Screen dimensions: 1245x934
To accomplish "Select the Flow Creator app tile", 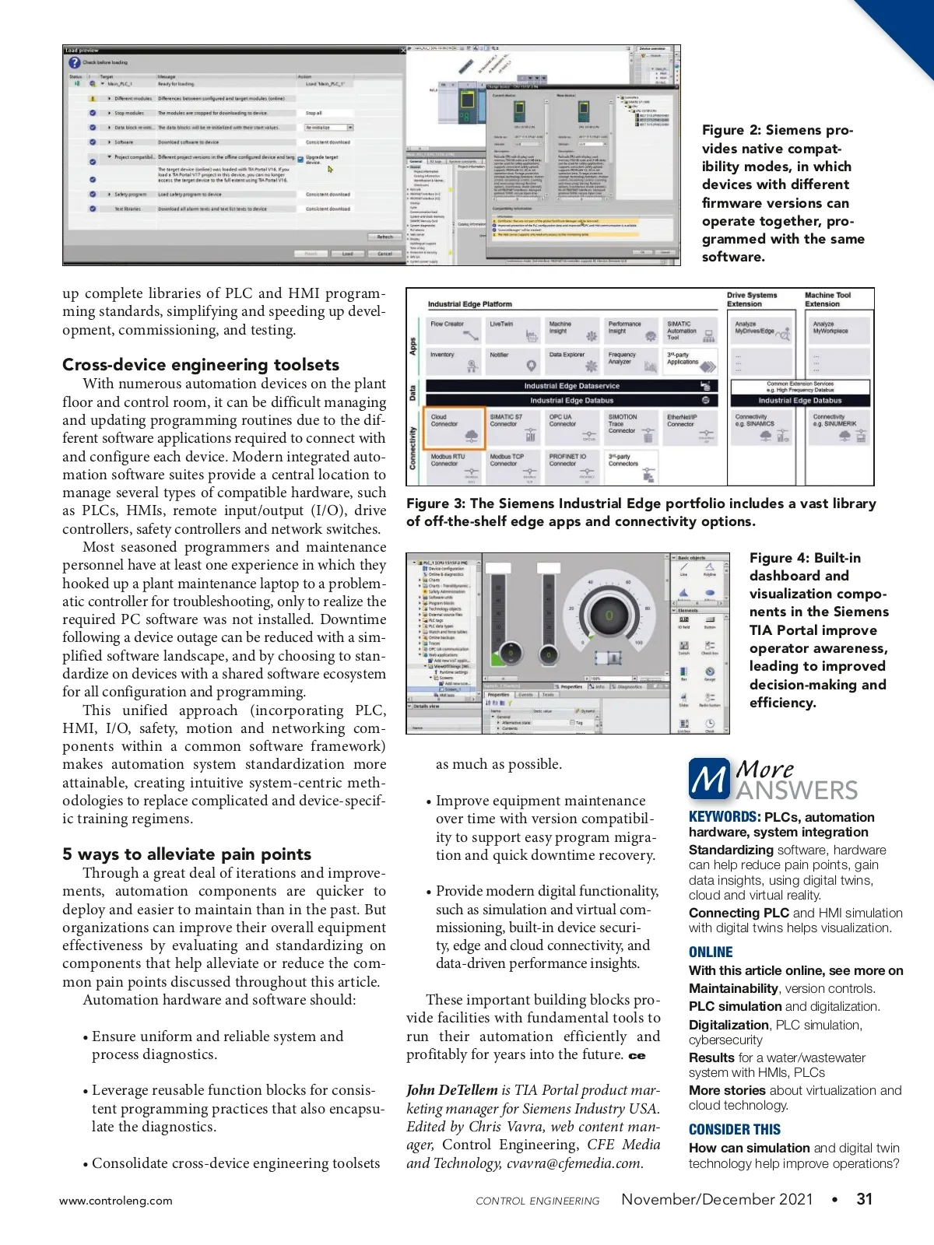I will [455, 331].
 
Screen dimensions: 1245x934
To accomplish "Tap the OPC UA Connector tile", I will [572, 427].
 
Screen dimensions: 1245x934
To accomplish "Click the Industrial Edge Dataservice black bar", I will [572, 386].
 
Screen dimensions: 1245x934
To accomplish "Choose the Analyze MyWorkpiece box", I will [838, 331].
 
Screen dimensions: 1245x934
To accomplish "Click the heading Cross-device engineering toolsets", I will [201, 364].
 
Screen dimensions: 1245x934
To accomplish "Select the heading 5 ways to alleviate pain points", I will [187, 854].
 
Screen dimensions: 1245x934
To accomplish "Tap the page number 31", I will [864, 1199].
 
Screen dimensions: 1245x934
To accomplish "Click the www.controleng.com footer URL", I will [116, 1201].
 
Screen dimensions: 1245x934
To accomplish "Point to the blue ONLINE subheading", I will [711, 952].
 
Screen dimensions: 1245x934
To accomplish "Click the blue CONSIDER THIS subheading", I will [734, 1129].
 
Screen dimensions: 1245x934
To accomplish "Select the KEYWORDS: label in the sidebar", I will [724, 817].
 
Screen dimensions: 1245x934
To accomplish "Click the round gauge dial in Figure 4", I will [609, 615].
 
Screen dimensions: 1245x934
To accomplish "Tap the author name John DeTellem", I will [451, 1090].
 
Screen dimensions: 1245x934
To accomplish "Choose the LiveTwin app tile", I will [514, 331].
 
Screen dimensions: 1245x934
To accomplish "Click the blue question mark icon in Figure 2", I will [75, 62].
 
